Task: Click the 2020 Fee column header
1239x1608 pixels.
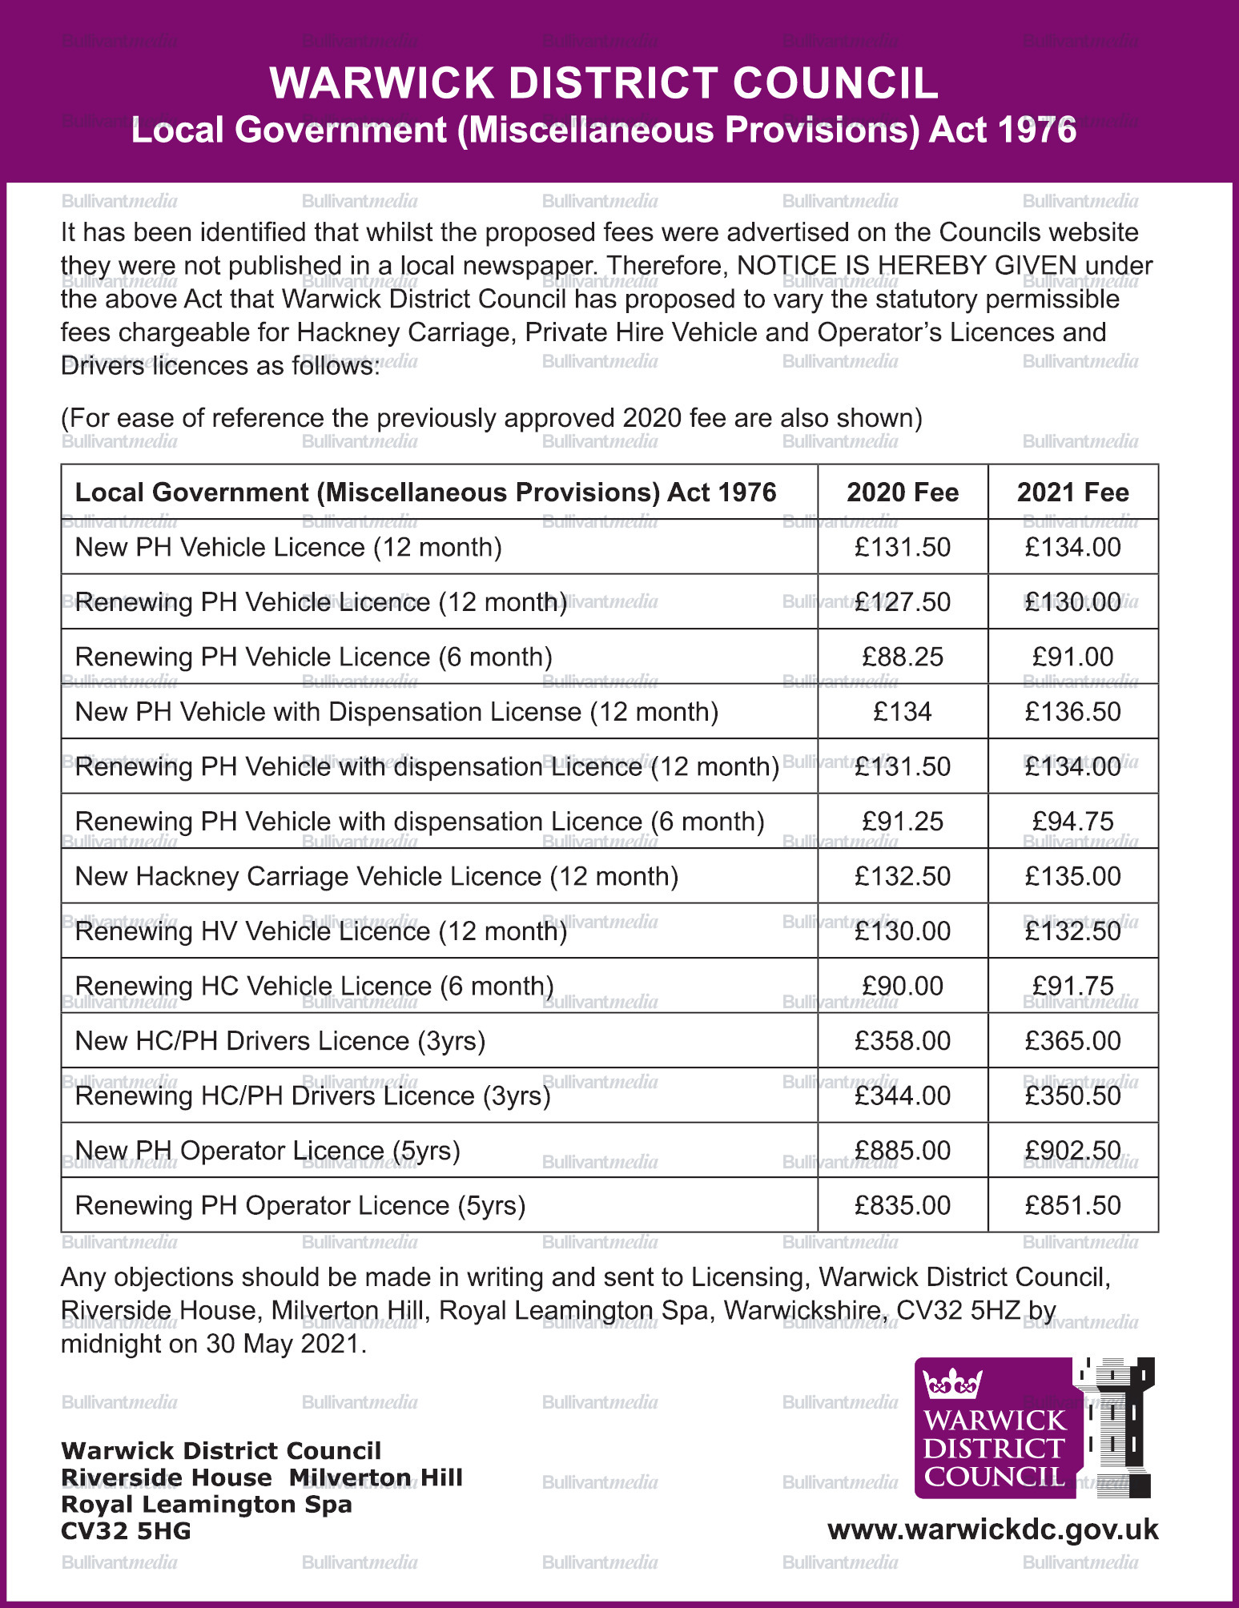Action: [x=903, y=492]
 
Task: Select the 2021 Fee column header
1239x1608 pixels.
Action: [x=1072, y=492]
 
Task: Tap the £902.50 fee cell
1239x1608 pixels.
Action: [x=1072, y=1150]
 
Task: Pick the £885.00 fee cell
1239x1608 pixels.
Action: [x=903, y=1150]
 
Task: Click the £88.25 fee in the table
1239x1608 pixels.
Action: [x=903, y=657]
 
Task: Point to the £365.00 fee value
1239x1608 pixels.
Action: [x=1072, y=1040]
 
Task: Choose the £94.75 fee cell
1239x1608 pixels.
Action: [x=1072, y=821]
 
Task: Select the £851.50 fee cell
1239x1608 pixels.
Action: [x=1072, y=1205]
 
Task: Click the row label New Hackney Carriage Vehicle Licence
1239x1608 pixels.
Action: [x=376, y=876]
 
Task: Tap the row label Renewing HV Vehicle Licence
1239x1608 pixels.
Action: [x=321, y=931]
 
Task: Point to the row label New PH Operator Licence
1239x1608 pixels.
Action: [x=268, y=1150]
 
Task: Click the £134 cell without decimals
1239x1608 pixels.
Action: [x=903, y=711]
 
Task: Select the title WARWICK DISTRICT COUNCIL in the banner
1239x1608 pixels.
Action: [x=604, y=82]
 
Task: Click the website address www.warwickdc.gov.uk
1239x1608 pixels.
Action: [x=993, y=1529]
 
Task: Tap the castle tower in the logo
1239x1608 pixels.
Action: [x=1117, y=1425]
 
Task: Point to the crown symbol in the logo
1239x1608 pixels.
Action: [x=952, y=1383]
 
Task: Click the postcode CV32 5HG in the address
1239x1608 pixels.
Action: [x=126, y=1531]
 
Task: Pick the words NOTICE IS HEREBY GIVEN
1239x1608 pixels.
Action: [x=907, y=265]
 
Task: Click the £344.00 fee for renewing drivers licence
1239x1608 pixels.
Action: [x=903, y=1095]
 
